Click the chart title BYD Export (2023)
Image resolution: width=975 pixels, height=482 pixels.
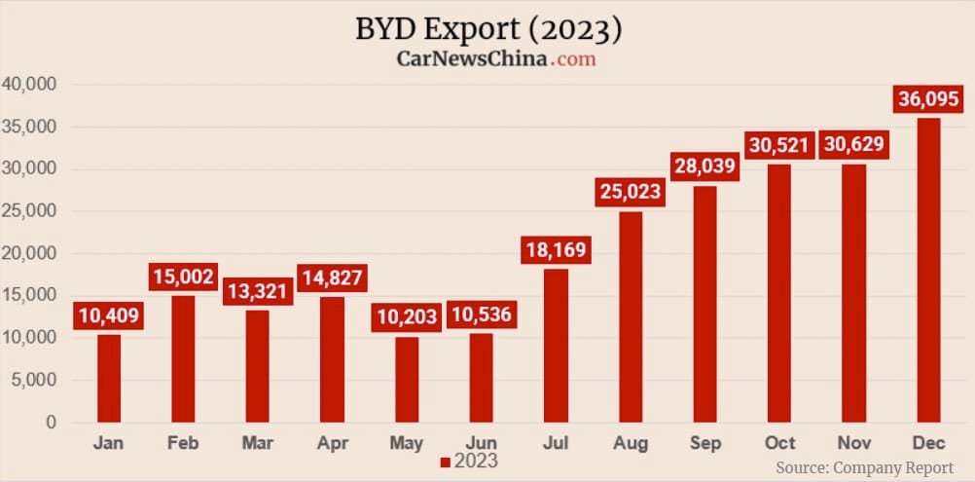coord(487,29)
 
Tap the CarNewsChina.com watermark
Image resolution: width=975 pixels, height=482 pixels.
coord(495,58)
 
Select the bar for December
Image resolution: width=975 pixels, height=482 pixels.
coord(927,271)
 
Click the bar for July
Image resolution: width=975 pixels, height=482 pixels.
coord(556,346)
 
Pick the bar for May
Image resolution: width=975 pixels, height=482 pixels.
coord(407,380)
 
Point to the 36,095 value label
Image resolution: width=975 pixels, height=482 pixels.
coord(927,98)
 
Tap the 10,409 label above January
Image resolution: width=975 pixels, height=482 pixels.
coord(109,315)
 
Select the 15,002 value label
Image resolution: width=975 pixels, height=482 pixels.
coord(183,277)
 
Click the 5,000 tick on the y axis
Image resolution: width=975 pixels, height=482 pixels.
coord(33,381)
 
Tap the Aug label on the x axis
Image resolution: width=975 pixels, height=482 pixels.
coord(631,444)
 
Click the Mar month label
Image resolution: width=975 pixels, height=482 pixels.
coord(258,444)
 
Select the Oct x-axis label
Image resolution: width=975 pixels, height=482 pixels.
coord(779,444)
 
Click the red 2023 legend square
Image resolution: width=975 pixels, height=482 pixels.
coord(445,462)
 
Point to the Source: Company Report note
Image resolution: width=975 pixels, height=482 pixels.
coord(864,467)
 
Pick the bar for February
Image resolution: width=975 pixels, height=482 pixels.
coord(183,359)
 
